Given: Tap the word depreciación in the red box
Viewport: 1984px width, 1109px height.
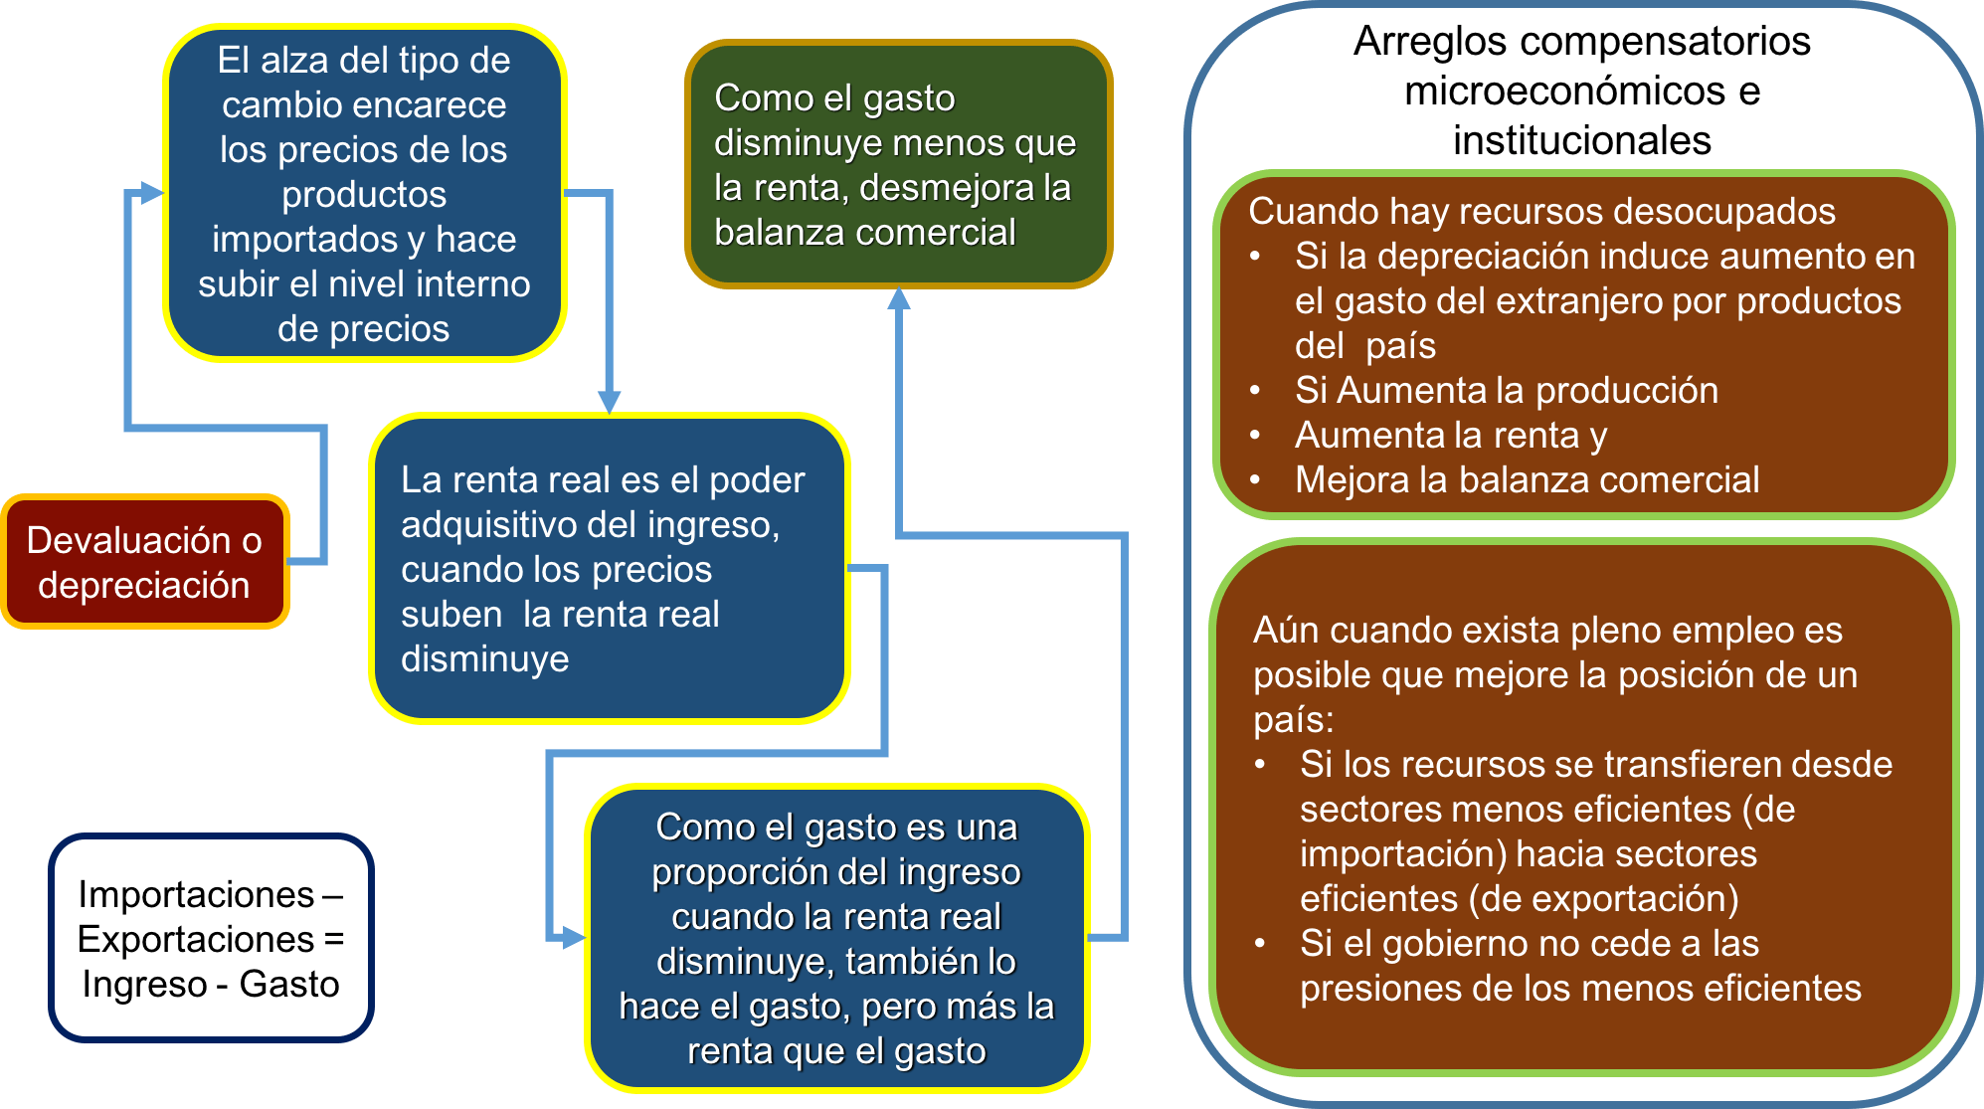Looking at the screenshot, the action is [x=143, y=585].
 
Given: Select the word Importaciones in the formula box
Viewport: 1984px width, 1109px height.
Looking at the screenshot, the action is [x=196, y=894].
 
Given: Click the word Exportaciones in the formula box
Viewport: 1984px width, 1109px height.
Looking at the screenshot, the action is [x=196, y=939].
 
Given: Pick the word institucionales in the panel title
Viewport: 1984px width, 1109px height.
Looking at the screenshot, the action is [x=1581, y=140].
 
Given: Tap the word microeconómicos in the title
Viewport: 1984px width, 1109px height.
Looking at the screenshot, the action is [x=1564, y=91].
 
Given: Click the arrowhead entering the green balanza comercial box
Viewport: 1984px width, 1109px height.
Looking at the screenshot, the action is [x=899, y=298].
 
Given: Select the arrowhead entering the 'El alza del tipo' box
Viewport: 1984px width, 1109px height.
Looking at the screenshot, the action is [x=151, y=193].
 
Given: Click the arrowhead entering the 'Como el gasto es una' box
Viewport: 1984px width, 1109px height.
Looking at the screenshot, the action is [x=573, y=937].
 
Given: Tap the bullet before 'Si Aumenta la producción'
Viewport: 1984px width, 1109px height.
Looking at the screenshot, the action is [x=1256, y=391].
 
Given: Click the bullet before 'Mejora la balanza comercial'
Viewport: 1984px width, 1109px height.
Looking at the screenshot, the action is [x=1256, y=480].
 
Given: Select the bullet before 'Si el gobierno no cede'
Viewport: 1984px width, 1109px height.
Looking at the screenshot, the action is [x=1261, y=944].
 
